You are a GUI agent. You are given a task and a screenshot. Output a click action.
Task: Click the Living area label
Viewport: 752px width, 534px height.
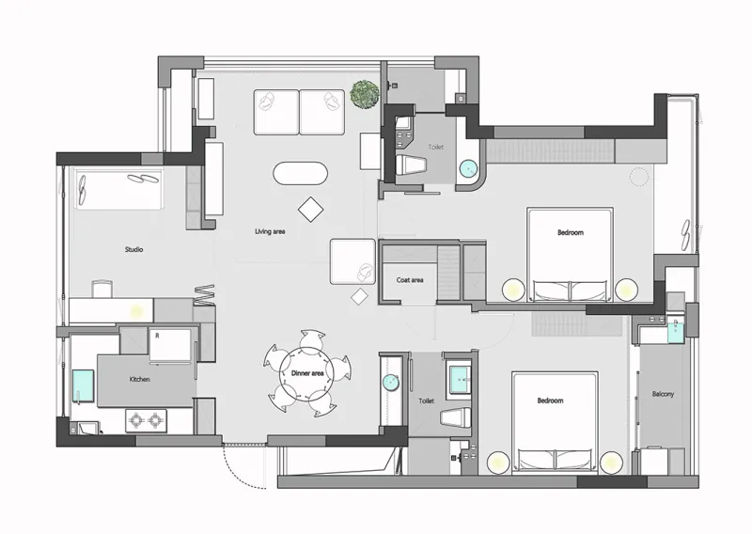click(270, 231)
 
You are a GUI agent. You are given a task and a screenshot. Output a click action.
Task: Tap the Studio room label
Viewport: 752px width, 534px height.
click(133, 249)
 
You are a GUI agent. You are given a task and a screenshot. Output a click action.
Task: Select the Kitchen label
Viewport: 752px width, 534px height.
click(139, 379)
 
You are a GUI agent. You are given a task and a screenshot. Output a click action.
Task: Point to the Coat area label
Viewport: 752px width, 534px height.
click(410, 280)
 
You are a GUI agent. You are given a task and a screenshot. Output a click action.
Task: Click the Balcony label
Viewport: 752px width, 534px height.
click(663, 394)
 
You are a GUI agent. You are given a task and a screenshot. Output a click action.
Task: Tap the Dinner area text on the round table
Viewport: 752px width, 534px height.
click(307, 373)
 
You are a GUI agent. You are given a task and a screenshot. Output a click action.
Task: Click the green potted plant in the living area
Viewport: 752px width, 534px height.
click(365, 94)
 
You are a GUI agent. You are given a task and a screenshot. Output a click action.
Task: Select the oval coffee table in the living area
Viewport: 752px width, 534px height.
click(300, 173)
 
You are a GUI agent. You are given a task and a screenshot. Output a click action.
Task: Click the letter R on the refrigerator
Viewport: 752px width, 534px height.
click(157, 336)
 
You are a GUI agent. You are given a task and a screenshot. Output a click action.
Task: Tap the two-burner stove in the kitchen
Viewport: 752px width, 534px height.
click(146, 420)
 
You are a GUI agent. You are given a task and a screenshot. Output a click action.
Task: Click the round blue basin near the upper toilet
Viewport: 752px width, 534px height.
click(468, 169)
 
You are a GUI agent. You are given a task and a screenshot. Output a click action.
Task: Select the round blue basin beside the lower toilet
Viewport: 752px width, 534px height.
click(391, 382)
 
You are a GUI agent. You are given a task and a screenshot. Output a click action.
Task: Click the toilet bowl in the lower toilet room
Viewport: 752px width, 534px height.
click(456, 416)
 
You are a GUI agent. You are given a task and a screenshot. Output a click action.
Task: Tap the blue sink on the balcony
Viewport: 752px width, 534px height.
click(675, 331)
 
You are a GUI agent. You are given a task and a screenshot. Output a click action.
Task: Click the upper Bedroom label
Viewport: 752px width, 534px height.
click(571, 233)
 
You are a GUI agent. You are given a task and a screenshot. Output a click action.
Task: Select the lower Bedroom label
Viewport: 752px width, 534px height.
click(550, 400)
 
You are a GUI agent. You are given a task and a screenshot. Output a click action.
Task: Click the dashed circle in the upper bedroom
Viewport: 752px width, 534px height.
click(639, 176)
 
